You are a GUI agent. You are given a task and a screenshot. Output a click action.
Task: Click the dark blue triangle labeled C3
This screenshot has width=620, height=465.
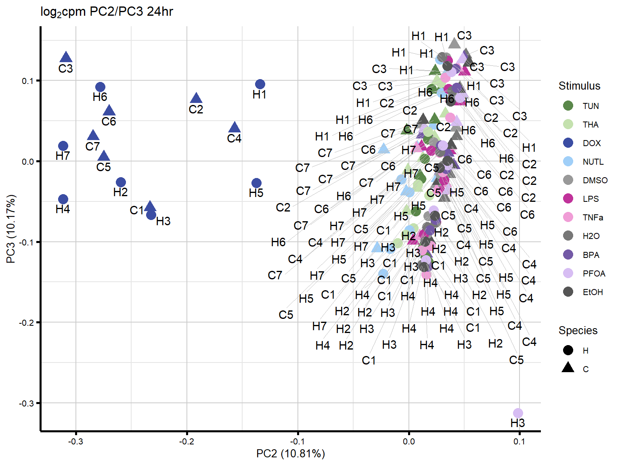[x=66, y=58]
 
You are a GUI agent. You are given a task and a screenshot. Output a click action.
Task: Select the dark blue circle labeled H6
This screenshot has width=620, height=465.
[x=101, y=87]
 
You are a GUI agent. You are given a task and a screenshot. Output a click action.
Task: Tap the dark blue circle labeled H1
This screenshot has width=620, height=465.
[x=260, y=84]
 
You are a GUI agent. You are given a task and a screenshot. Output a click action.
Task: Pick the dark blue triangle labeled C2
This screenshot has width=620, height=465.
[x=196, y=98]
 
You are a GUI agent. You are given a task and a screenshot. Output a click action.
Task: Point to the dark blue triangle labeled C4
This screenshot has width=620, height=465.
[x=235, y=128]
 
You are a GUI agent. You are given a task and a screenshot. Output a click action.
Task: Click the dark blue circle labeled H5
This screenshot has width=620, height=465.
[x=256, y=183]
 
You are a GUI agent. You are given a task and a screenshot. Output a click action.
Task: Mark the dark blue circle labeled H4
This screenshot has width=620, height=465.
[x=63, y=199]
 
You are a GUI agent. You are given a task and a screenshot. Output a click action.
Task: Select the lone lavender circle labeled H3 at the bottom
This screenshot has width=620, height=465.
[x=518, y=413]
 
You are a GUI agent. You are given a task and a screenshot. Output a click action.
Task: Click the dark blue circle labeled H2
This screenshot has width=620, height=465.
[x=121, y=182]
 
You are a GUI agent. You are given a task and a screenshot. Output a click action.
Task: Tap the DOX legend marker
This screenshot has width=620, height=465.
[x=568, y=143]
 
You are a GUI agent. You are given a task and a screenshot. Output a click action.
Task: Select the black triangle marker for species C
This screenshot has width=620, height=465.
[x=568, y=368]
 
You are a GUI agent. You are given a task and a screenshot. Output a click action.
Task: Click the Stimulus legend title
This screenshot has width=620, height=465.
[x=579, y=86]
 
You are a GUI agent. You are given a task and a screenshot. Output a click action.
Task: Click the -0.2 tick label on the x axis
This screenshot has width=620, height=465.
[x=186, y=442]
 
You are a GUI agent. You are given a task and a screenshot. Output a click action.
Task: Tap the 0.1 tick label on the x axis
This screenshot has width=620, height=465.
[x=519, y=442]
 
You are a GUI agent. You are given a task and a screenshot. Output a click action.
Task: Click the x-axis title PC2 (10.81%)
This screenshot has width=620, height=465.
[x=290, y=454]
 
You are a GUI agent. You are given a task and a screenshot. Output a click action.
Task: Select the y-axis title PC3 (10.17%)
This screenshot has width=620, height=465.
[x=11, y=229]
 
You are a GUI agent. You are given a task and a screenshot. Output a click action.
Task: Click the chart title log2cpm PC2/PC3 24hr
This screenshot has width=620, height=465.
[x=107, y=12]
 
